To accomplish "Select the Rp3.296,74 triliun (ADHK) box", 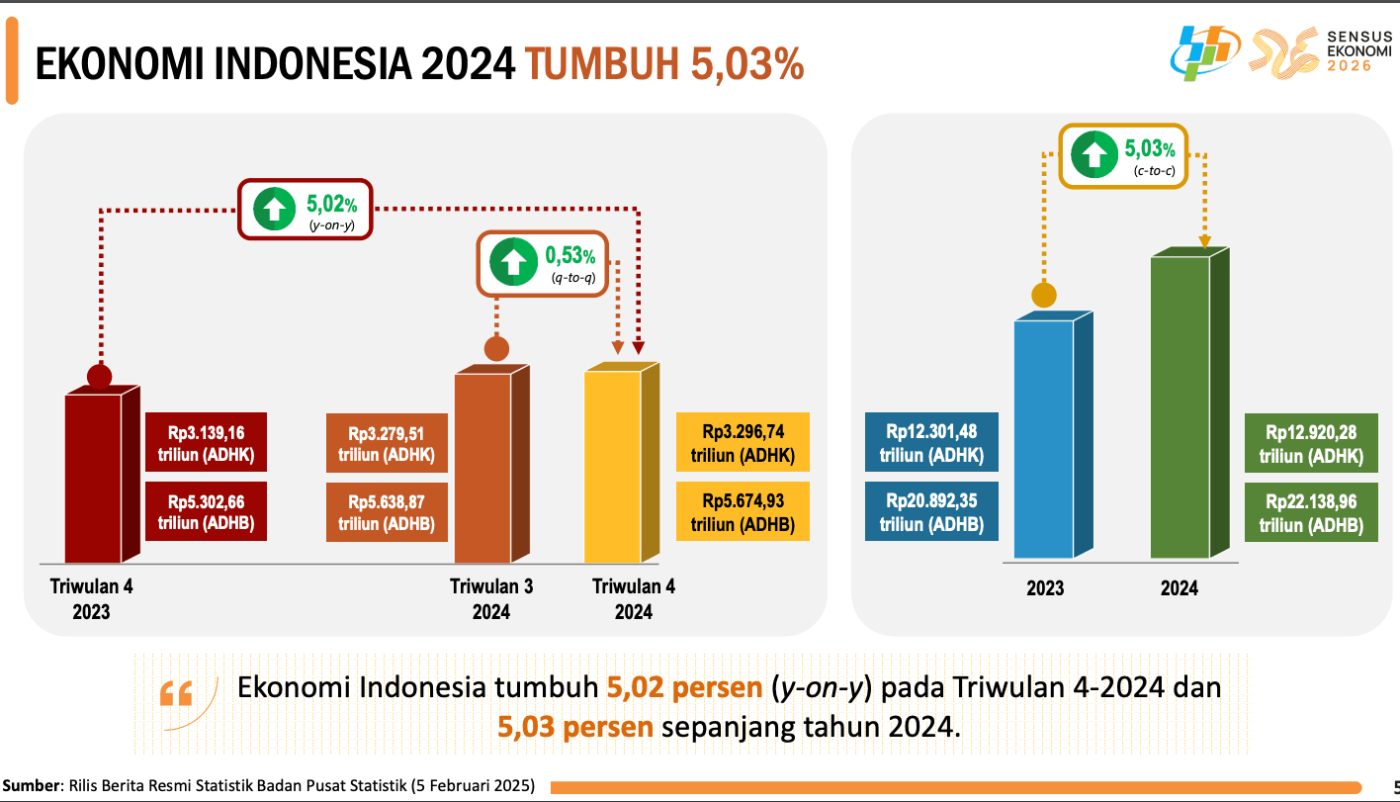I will point(743,443).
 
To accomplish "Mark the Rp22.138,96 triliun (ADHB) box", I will point(1311,512).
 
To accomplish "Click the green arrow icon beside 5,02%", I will point(274,209).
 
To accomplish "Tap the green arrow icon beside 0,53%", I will point(512,263).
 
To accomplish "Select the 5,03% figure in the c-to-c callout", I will point(1149,149).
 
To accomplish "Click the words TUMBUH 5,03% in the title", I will point(663,64).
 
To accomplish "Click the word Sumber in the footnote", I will point(30,786).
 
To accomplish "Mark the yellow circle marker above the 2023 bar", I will point(1043,295).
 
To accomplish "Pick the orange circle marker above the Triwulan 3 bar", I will point(496,348).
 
